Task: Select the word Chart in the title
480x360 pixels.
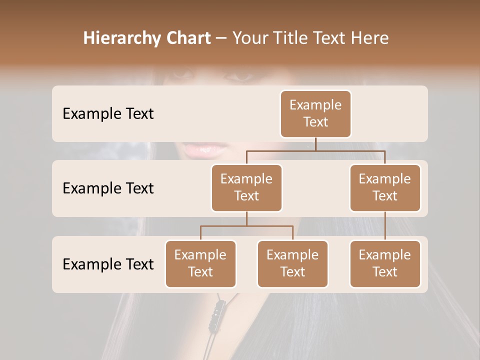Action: (188, 38)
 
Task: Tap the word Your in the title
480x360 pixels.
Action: (250, 38)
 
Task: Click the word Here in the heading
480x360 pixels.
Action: (369, 38)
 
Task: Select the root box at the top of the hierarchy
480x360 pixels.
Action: (315, 113)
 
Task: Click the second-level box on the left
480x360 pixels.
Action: (246, 187)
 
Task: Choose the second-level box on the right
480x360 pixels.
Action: (385, 187)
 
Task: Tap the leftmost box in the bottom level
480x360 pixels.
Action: (200, 263)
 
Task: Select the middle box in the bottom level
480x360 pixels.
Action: (292, 263)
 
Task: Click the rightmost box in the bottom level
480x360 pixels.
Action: (385, 263)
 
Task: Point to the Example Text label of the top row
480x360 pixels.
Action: (108, 114)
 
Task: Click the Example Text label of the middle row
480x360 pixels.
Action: (108, 188)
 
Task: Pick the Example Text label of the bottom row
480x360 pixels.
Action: (108, 264)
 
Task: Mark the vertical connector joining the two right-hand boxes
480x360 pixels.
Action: (385, 226)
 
